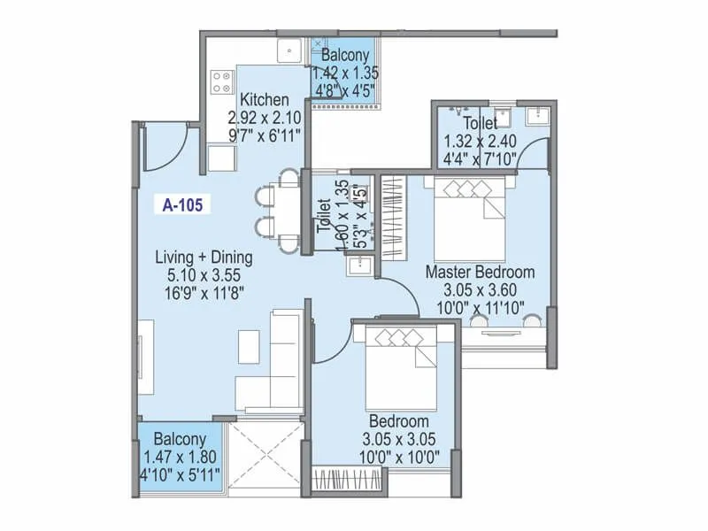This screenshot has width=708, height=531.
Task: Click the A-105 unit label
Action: click(x=183, y=205)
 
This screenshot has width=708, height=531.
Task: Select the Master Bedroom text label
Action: click(x=480, y=272)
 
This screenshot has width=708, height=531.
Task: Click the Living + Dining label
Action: click(x=204, y=258)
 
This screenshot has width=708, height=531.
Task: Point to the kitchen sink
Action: click(x=290, y=51)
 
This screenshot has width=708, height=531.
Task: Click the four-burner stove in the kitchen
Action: click(x=220, y=82)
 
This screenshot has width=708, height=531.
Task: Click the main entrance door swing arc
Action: click(x=164, y=147)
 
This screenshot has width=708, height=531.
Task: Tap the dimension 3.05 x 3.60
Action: click(x=480, y=289)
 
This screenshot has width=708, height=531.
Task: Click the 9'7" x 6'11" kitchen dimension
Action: click(x=265, y=135)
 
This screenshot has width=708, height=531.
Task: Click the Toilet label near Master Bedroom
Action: click(x=478, y=124)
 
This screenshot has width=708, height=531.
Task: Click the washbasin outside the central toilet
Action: click(x=359, y=265)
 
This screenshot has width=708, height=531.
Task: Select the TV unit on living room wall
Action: click(x=145, y=358)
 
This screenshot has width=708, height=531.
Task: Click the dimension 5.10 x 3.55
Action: click(x=204, y=274)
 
